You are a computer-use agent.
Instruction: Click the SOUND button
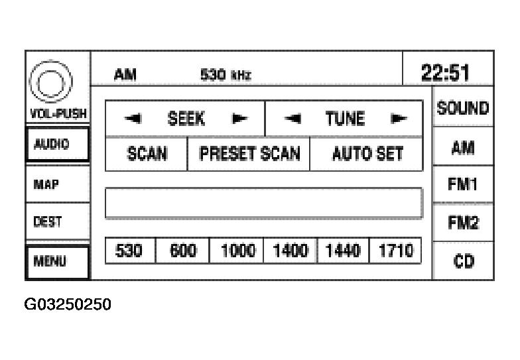click(x=464, y=108)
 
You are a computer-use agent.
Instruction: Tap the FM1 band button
click(x=464, y=184)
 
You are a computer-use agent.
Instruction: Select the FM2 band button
click(x=464, y=224)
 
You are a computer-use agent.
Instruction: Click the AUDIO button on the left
click(x=56, y=145)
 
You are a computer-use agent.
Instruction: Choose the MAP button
click(x=56, y=184)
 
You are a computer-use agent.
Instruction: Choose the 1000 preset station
click(x=237, y=251)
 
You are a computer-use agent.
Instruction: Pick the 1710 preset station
click(x=395, y=251)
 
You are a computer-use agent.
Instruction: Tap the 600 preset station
click(x=182, y=251)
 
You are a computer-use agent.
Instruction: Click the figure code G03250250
click(x=68, y=304)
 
